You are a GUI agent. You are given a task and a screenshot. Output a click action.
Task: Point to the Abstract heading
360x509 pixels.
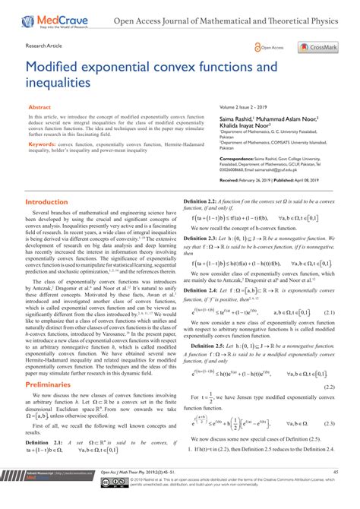click(39, 108)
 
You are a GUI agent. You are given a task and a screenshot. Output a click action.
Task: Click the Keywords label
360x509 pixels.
click(43, 143)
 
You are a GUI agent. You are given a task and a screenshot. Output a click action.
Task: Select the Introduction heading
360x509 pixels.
click(46, 202)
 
